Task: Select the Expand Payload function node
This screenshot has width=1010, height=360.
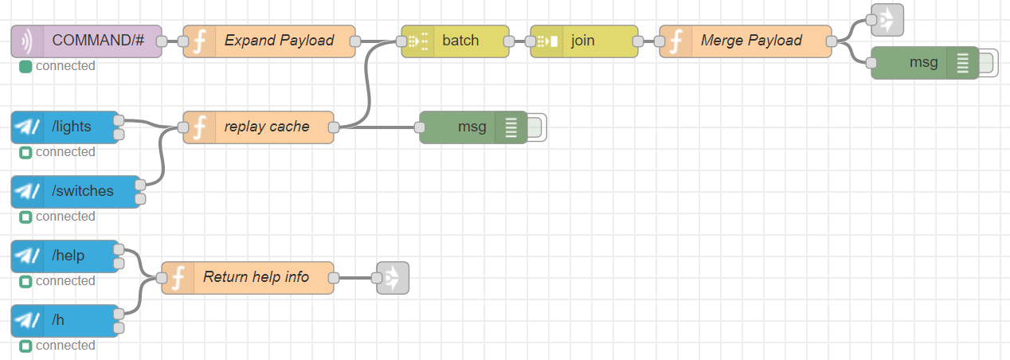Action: (271, 41)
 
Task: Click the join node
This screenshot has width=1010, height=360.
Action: (584, 41)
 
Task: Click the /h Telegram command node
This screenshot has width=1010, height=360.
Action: (65, 320)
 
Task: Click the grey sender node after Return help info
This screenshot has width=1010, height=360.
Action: (393, 277)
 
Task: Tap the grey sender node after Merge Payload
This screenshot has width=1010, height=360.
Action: (887, 20)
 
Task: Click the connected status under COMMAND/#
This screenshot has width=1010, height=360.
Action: (65, 66)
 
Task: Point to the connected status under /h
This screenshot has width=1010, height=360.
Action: (65, 346)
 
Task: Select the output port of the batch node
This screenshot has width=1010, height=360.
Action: (508, 41)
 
